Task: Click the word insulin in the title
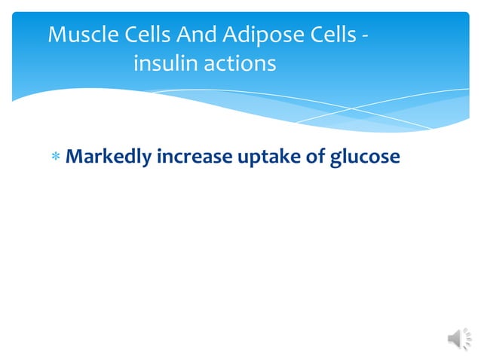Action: [x=164, y=65]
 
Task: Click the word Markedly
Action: [x=109, y=157]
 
